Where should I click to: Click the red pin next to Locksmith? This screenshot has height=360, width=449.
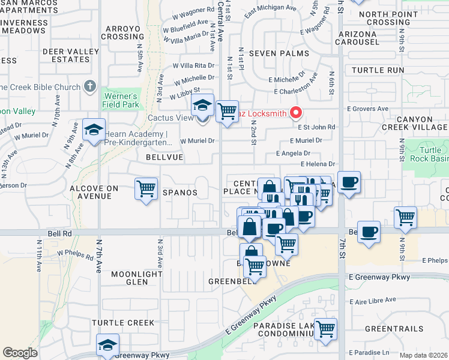click(x=295, y=112)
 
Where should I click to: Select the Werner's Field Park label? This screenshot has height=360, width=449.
click(x=121, y=100)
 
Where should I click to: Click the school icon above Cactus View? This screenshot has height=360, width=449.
click(x=203, y=106)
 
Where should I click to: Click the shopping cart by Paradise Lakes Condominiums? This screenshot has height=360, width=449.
click(x=325, y=329)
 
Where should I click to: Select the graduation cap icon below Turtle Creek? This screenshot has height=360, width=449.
click(x=107, y=345)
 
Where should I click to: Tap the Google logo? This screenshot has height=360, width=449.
click(x=20, y=353)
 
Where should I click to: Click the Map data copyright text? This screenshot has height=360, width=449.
click(x=423, y=355)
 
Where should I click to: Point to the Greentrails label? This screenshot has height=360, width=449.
click(x=394, y=329)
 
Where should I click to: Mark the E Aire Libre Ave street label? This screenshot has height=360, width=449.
click(x=373, y=299)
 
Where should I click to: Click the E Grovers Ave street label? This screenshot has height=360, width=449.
click(x=368, y=109)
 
